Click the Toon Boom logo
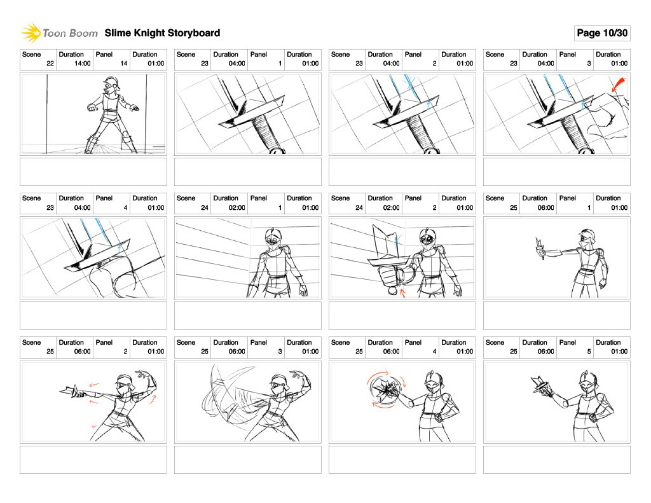[x=58, y=32]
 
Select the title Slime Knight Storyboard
[x=162, y=33]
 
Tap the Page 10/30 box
[x=601, y=33]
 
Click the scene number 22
[x=50, y=64]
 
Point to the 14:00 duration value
[x=83, y=64]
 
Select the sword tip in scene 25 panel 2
[x=64, y=390]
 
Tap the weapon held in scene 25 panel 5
[x=541, y=385]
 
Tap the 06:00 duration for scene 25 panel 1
[x=546, y=208]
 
